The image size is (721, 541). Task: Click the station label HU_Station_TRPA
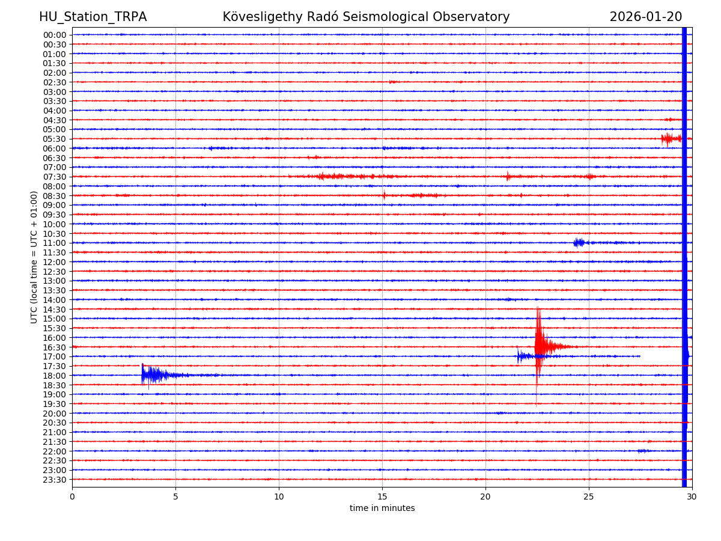93,17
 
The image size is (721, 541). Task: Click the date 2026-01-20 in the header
645,17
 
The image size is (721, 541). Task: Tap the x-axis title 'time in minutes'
382,509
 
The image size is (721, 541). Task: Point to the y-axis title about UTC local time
34,257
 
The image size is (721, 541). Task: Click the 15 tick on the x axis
382,497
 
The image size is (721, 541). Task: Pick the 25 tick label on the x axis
589,497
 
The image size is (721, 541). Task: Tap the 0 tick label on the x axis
72,497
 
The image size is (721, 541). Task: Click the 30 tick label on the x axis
692,497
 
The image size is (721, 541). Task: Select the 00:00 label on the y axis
55,35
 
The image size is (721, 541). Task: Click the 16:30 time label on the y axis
55,347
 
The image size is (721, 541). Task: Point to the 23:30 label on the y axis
55,480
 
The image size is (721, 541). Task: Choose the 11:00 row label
55,243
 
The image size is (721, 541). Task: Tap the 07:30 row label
55,177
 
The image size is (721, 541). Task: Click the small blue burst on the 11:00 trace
579,243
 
